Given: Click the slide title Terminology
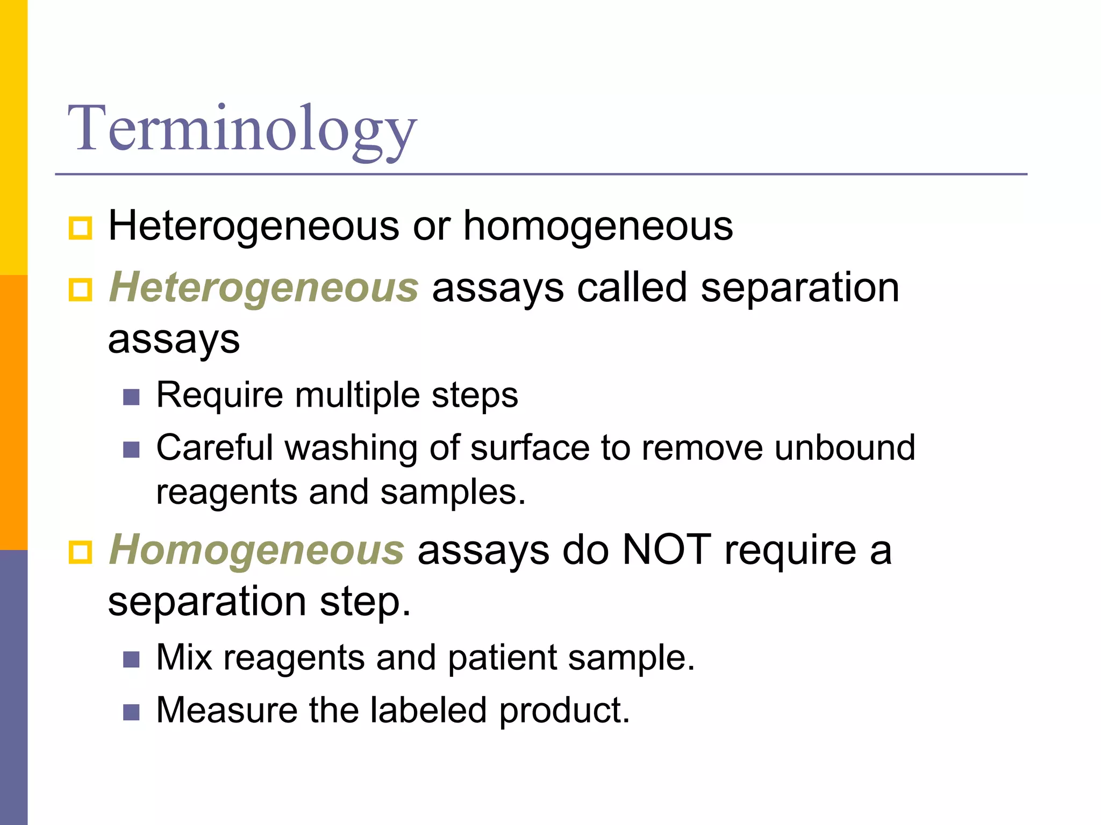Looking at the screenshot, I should click(x=242, y=129).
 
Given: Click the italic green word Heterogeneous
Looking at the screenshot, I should click(x=263, y=287).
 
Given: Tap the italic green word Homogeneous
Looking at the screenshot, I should click(x=256, y=550).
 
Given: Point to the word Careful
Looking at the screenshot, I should click(x=214, y=447).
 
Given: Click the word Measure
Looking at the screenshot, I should click(x=226, y=710).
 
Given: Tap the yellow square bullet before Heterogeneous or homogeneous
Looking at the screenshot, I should click(x=81, y=228).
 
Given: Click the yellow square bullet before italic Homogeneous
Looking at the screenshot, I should click(x=81, y=552).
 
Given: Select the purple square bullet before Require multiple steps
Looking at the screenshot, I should click(x=131, y=397).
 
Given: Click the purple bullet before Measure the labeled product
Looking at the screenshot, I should click(x=131, y=712).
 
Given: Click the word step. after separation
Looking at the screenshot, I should click(x=365, y=602).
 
